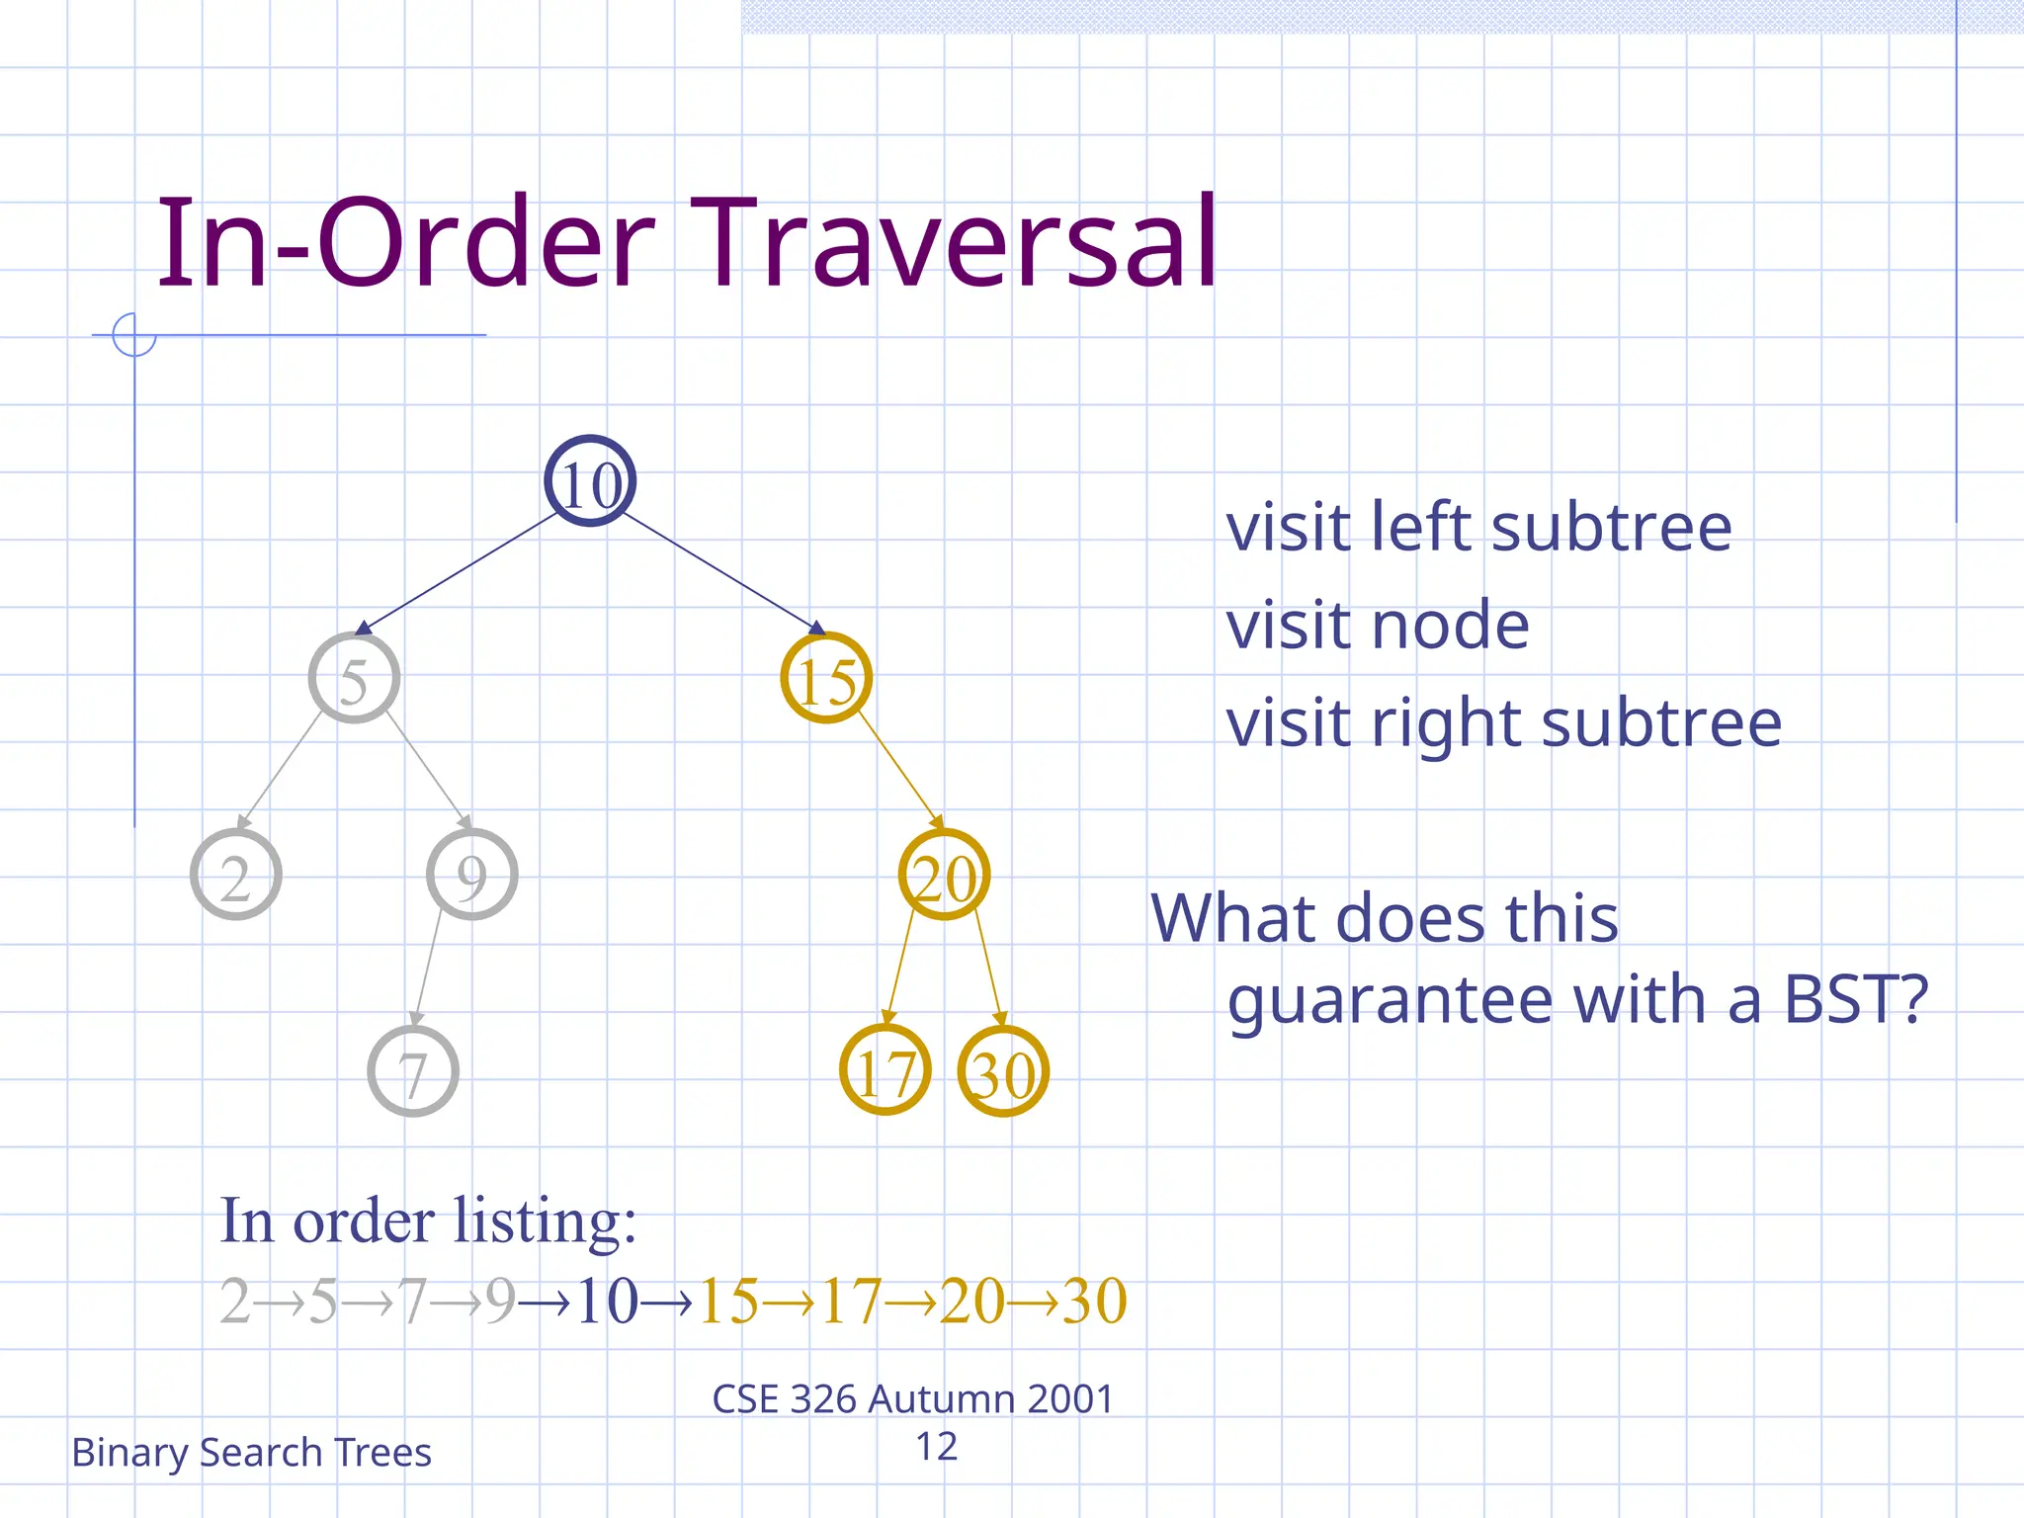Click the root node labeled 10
click(590, 481)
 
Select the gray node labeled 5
click(354, 678)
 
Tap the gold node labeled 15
click(826, 678)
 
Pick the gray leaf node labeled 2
click(235, 875)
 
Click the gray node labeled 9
click(471, 875)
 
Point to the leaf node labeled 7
click(413, 1071)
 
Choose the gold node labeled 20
click(944, 875)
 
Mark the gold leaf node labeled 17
click(885, 1071)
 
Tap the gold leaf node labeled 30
click(1003, 1071)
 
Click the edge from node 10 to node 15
click(721, 571)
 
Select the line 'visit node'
click(1377, 626)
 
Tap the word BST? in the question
click(1856, 999)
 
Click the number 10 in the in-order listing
click(607, 1301)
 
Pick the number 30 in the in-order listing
click(1095, 1301)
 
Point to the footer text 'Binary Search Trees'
click(251, 1452)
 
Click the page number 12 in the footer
click(936, 1447)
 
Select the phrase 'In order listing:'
click(428, 1222)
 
